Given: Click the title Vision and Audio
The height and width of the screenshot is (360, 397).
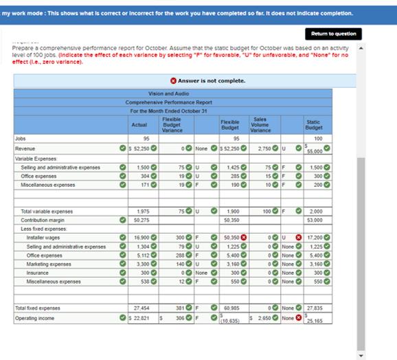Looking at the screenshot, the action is pyautogui.click(x=168, y=93).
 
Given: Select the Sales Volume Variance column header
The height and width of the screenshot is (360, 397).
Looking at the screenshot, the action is pyautogui.click(x=260, y=124).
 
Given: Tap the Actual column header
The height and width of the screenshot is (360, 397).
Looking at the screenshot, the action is pyautogui.click(x=139, y=124).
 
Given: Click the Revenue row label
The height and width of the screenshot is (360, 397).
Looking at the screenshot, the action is pyautogui.click(x=25, y=148).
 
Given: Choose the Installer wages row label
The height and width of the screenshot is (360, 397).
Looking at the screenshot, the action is pyautogui.click(x=42, y=237).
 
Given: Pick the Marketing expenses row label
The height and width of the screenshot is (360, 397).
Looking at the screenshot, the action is pyautogui.click(x=47, y=263).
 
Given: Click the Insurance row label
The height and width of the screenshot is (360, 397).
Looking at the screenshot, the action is pyautogui.click(x=37, y=272).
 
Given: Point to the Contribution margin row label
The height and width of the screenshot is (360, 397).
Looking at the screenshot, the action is pyautogui.click(x=43, y=220).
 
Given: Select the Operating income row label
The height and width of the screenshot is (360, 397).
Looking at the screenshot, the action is pyautogui.click(x=36, y=318).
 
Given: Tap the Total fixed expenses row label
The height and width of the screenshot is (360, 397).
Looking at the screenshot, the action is pyautogui.click(x=41, y=309).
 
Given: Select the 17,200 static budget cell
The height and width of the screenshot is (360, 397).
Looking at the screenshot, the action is pyautogui.click(x=314, y=237).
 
